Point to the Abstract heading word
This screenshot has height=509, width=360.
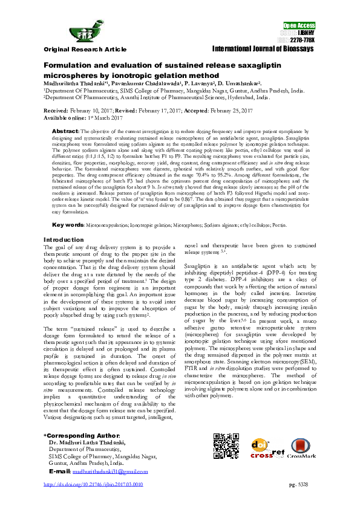[x=65, y=131]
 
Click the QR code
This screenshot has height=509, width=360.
[x=226, y=447]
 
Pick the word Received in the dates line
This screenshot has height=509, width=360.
[x=56, y=112]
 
